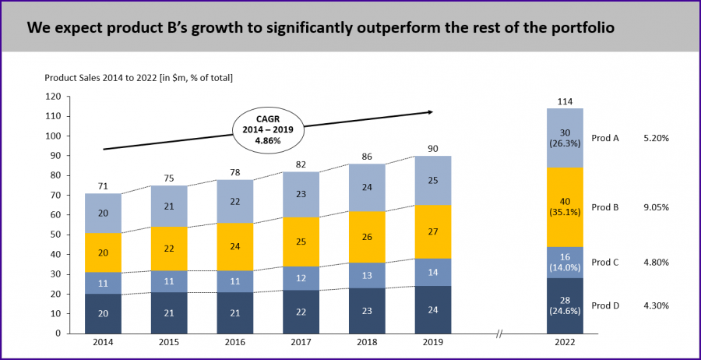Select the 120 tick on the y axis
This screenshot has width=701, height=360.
point(52,97)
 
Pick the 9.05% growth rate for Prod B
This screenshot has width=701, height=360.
point(657,207)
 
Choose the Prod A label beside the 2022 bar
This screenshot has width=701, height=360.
point(605,138)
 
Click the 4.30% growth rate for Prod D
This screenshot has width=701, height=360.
point(657,305)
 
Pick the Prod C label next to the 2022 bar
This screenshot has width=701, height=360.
point(605,263)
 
